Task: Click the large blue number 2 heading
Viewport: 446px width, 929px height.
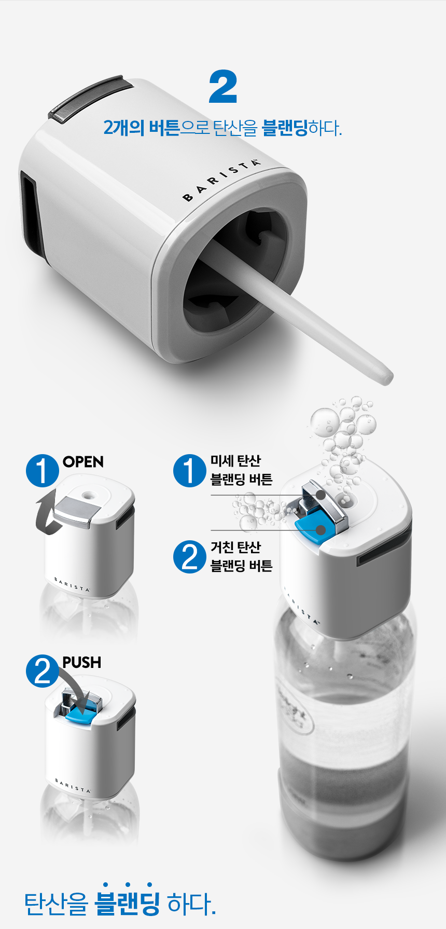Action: click(223, 87)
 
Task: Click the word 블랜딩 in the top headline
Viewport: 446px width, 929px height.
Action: click(285, 128)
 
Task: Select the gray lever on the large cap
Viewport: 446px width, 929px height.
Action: click(91, 99)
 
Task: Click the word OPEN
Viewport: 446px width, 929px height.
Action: click(83, 462)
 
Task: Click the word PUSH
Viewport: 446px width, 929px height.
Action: click(82, 663)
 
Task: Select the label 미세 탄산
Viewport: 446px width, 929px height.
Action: click(235, 461)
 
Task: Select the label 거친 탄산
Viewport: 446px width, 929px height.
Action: click(235, 548)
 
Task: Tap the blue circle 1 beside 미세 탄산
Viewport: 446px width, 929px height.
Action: click(190, 471)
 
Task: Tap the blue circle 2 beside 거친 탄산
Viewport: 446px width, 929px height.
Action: click(190, 557)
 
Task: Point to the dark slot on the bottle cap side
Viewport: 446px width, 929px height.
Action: click(384, 550)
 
